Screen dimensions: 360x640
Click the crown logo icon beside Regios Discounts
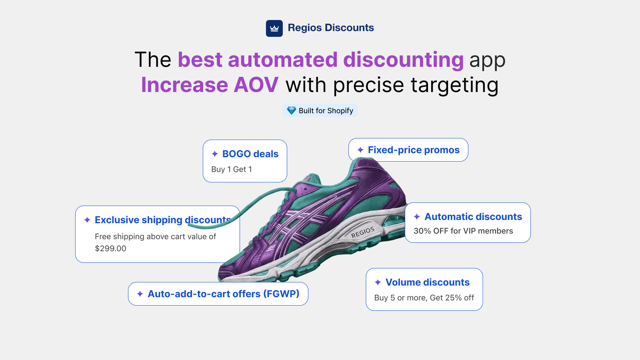coord(274,28)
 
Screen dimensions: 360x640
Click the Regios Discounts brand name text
coord(331,28)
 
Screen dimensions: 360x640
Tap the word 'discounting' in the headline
coord(403,60)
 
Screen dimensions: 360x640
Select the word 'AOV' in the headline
coord(256,85)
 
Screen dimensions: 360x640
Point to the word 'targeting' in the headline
coord(454,85)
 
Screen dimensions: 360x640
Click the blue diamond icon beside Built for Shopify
coord(292,110)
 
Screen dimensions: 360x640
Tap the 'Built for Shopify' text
coord(326,111)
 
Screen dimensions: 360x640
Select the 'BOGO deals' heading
coord(250,154)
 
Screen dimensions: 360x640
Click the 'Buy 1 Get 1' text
coord(232,169)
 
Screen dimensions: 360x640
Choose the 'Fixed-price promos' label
coord(414,150)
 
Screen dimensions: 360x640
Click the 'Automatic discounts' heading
coord(473,217)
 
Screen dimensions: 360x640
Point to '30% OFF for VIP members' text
coord(463,231)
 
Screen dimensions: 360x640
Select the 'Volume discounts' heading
coord(427,282)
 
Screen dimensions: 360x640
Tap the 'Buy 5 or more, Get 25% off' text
coord(424,298)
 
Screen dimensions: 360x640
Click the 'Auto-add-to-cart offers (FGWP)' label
coord(223,294)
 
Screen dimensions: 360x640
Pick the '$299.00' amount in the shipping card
coord(110,248)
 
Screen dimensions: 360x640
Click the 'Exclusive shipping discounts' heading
coord(162,220)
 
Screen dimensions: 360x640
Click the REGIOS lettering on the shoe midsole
coord(363,232)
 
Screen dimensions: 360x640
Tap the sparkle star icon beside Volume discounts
coord(378,282)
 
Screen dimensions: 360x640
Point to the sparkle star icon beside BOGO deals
coord(215,154)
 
